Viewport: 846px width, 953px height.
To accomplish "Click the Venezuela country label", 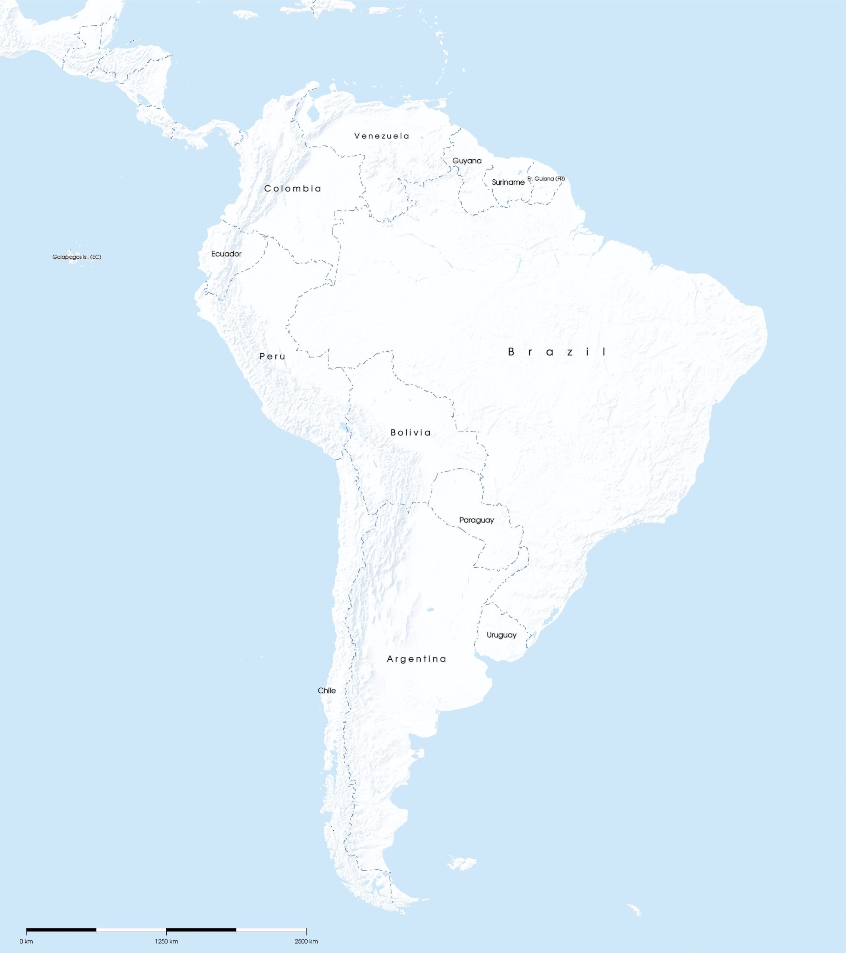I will point(382,136).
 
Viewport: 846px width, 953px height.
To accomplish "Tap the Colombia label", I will point(292,188).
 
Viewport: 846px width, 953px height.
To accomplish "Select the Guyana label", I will point(467,161).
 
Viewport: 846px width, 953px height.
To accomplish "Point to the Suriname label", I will point(508,182).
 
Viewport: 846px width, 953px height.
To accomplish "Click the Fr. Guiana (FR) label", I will point(546,179).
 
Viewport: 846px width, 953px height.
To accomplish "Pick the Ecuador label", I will point(227,254).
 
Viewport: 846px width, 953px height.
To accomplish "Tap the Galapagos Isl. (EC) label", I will point(76,257).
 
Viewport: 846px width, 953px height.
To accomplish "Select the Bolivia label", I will point(410,433).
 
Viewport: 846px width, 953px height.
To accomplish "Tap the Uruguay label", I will point(501,635).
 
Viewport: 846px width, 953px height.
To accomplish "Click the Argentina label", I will point(416,659).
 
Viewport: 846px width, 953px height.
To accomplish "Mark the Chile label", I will point(327,691).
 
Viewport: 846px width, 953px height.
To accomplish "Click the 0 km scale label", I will point(26,941).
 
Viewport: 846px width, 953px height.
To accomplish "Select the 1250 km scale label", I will point(166,941).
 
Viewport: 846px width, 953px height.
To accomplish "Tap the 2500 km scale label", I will point(306,941).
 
